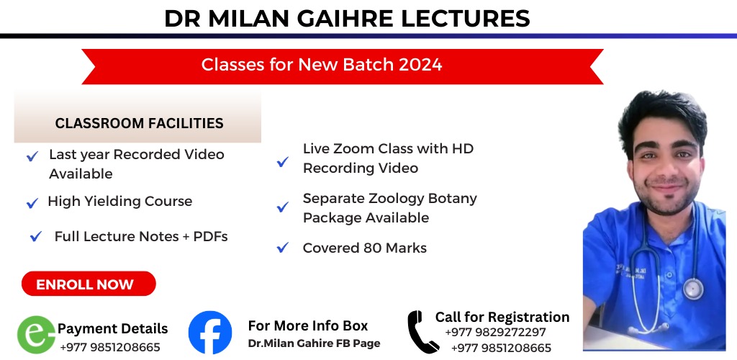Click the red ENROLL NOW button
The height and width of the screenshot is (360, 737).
click(89, 284)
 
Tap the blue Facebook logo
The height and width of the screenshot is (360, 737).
click(210, 332)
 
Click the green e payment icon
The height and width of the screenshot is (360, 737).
click(36, 334)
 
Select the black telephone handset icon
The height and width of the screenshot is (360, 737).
click(422, 332)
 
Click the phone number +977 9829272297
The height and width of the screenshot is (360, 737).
click(495, 332)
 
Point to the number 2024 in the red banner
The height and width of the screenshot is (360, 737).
click(420, 65)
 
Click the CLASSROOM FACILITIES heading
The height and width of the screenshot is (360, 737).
click(139, 123)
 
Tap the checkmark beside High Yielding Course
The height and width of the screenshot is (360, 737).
click(32, 203)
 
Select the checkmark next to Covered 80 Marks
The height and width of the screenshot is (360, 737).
click(282, 247)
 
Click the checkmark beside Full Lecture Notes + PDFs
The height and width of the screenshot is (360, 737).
click(36, 236)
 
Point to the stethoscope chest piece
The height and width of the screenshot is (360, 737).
click(693, 288)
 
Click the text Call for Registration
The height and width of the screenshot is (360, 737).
click(502, 317)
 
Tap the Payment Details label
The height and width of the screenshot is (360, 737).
click(113, 328)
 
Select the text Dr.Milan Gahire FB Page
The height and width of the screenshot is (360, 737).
click(314, 343)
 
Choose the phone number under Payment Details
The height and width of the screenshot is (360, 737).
click(110, 347)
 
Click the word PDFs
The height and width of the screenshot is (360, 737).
click(211, 236)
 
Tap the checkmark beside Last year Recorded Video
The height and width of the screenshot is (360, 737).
click(32, 156)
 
